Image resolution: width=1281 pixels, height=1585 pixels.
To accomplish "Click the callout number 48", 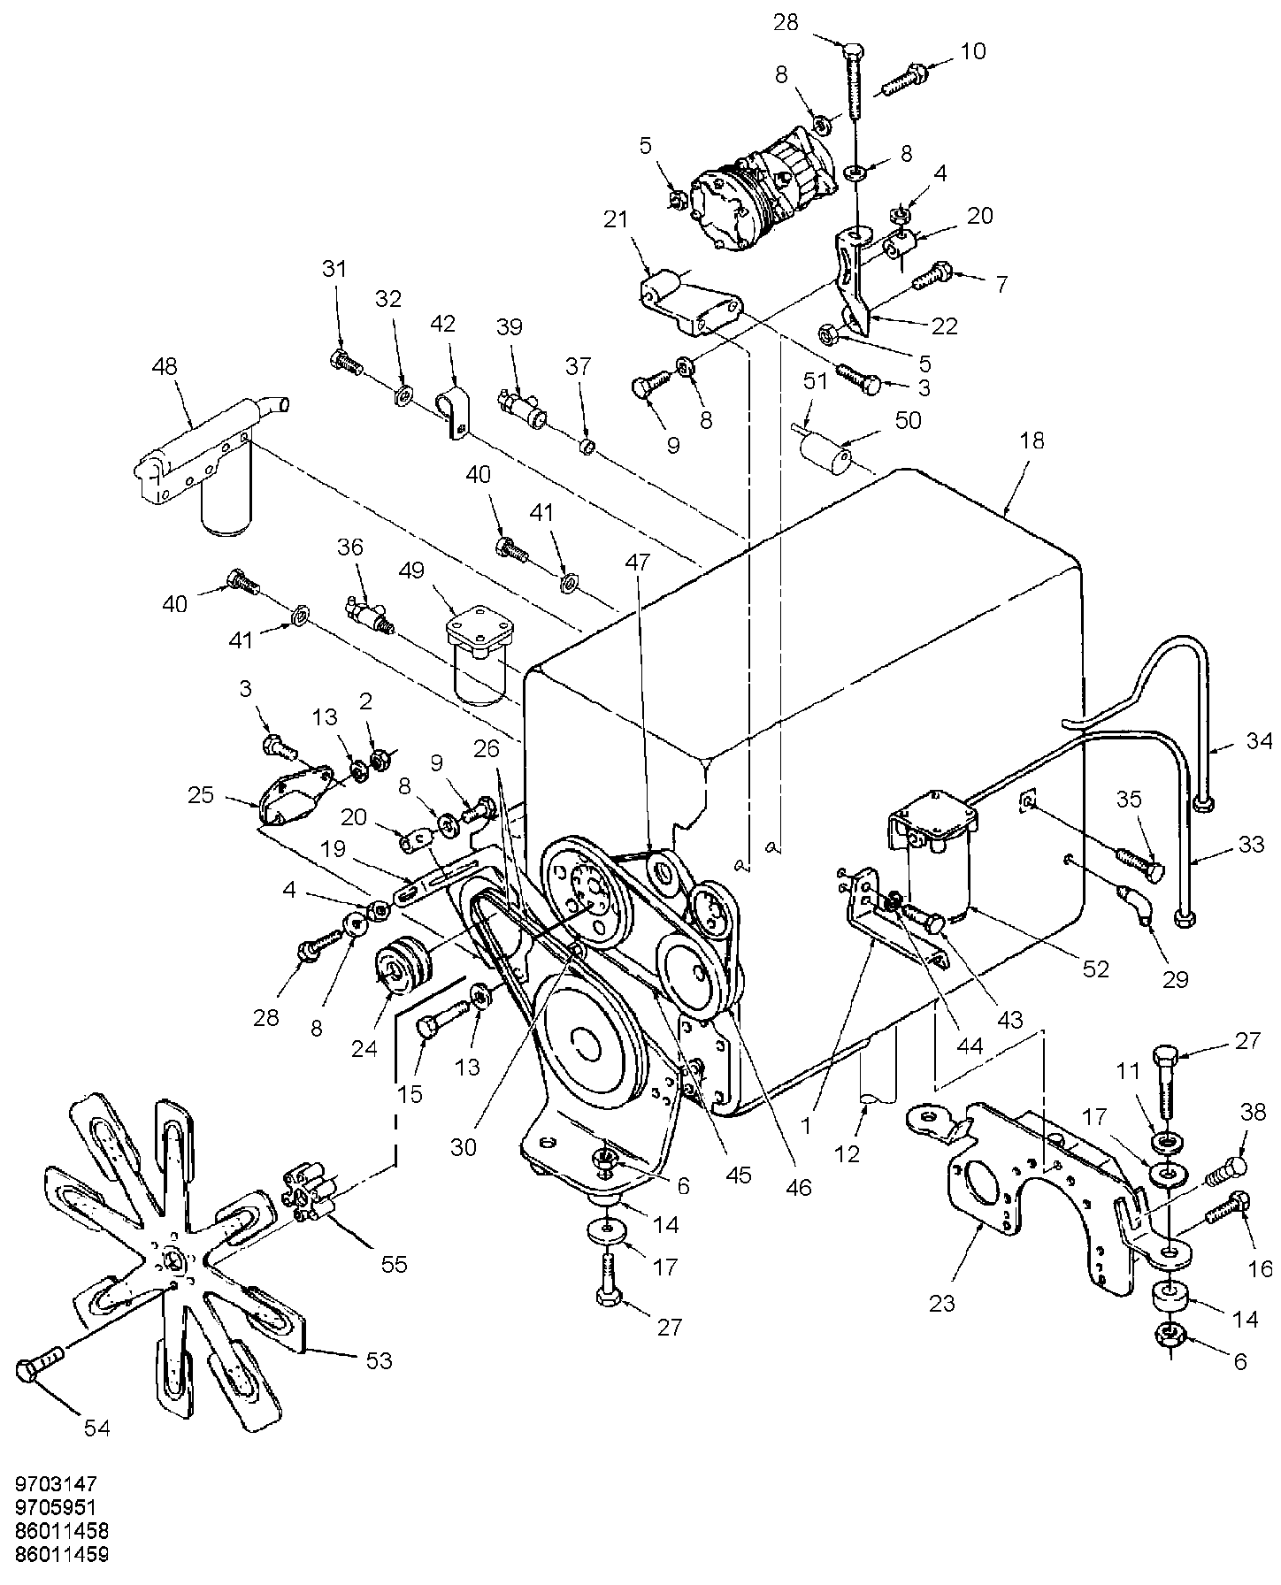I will point(165,366).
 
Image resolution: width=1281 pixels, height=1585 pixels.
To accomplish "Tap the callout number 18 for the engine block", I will point(1032,440).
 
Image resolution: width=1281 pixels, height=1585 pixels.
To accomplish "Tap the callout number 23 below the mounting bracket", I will point(943,1303).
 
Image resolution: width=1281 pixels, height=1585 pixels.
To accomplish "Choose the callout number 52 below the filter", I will point(1095,969).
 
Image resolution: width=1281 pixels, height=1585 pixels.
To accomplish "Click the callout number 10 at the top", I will point(972,50).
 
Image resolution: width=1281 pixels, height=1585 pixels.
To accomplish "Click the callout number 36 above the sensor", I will point(350,547).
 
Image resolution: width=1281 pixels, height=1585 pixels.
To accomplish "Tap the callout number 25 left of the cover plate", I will point(202,794).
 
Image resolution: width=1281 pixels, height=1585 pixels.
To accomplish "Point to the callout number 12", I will point(847,1154).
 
